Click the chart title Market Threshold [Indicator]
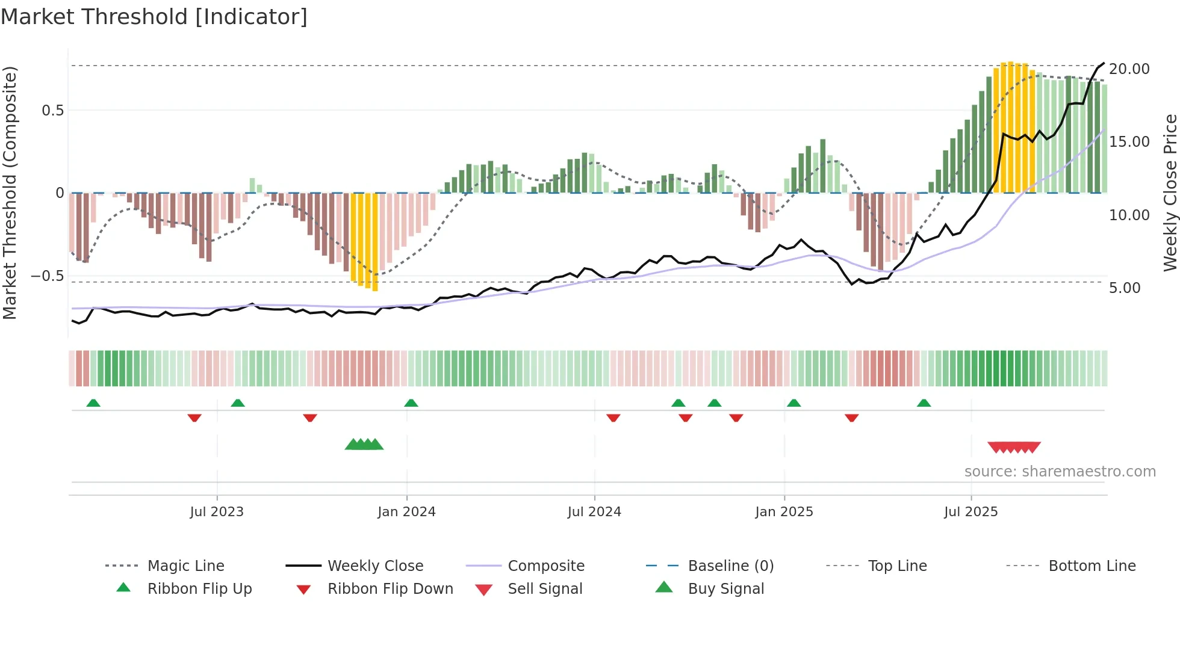click(x=154, y=17)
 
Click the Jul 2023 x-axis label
click(x=217, y=512)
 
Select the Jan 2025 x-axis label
click(x=784, y=512)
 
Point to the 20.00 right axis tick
click(x=1129, y=69)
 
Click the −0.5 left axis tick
click(x=47, y=276)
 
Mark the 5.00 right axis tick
click(x=1125, y=288)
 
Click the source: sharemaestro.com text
click(x=1060, y=472)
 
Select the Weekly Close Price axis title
click(x=1170, y=193)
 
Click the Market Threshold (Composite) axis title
click(x=10, y=193)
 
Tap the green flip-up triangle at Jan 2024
click(x=411, y=403)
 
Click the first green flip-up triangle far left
click(x=93, y=403)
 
